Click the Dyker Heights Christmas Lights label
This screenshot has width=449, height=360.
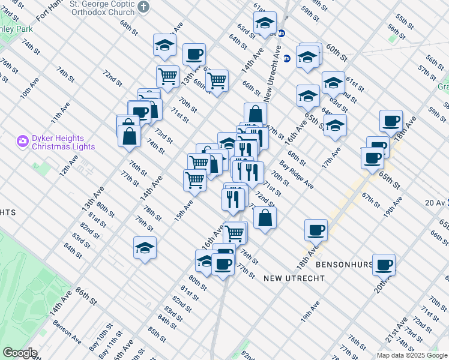(x=63, y=142)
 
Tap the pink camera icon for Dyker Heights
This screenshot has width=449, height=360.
(x=23, y=142)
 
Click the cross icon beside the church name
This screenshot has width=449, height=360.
(x=143, y=7)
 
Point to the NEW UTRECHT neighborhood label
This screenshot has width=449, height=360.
(x=294, y=278)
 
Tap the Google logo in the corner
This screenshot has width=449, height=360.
(x=20, y=353)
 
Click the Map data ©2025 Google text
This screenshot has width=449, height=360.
(x=412, y=355)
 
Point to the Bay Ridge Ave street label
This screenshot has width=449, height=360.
(x=296, y=175)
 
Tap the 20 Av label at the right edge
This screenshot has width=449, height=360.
(x=436, y=203)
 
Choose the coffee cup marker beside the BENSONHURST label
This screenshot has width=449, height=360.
(x=384, y=264)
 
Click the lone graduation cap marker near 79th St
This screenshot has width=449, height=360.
(x=145, y=248)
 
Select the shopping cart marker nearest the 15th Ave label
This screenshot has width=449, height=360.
(x=194, y=179)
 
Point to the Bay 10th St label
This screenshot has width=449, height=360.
(x=101, y=342)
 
